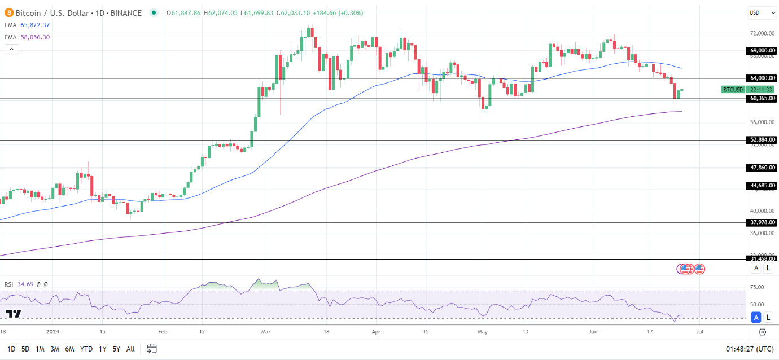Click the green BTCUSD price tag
click(x=733, y=89)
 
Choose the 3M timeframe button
click(x=55, y=349)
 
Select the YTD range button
click(x=86, y=349)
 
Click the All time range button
click(x=130, y=349)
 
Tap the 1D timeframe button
click(x=11, y=349)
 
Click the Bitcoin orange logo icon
click(x=8, y=12)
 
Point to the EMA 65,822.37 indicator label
click(x=28, y=24)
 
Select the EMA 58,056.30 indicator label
click(x=28, y=37)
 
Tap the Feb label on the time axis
click(x=163, y=332)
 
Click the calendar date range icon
click(x=152, y=349)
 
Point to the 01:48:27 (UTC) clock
click(x=749, y=349)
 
